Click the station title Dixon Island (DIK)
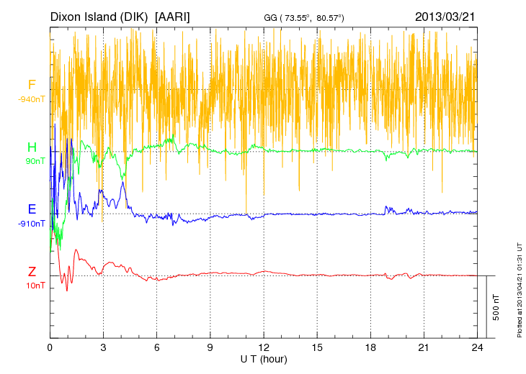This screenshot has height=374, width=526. (x=99, y=17)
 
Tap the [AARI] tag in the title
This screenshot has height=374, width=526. (x=172, y=17)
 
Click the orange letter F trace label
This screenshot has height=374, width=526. (x=32, y=85)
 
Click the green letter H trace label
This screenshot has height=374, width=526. (x=32, y=147)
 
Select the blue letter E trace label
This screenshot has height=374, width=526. (x=32, y=209)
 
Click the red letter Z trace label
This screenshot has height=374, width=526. (x=32, y=272)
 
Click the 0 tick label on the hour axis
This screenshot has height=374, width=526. (x=50, y=347)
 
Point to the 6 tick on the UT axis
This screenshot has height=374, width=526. (x=156, y=347)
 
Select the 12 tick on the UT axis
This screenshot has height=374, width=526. (x=264, y=347)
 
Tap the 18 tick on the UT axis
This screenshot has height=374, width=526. (x=370, y=347)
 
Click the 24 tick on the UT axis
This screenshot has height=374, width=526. (x=477, y=347)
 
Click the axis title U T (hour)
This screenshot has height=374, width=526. (x=264, y=357)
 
